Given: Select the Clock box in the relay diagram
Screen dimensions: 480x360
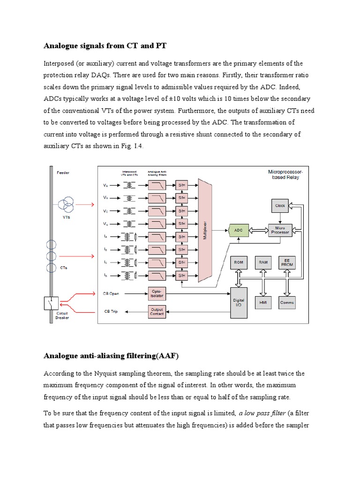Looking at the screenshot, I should pos(280,205).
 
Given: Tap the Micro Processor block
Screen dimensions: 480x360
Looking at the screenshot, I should pos(280,230).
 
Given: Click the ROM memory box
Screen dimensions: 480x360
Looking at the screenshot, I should pos(239,262).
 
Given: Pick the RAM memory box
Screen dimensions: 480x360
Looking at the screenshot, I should pos(263,262).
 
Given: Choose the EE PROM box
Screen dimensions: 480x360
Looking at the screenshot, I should pos(287,262).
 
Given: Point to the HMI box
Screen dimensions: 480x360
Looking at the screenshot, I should pos(263,302).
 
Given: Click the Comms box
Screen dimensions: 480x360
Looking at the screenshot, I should pos(287,302).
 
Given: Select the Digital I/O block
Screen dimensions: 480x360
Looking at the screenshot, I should pos(239,302).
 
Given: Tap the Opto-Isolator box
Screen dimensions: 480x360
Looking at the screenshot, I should pos(157,293).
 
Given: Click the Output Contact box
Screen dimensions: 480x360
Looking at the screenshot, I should pos(157,311).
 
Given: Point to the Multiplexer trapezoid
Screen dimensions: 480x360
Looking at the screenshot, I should pos(205,230).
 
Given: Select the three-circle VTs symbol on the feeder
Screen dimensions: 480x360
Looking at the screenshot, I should pos(66,205).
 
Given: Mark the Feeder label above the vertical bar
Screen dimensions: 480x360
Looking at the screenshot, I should pos(63,173).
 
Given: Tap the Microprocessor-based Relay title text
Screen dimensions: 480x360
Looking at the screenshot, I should pos(285,175).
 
